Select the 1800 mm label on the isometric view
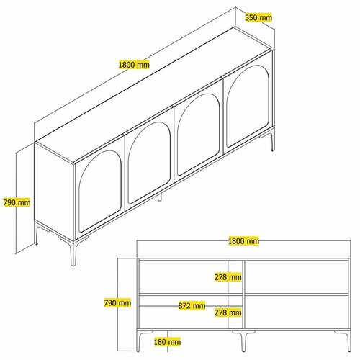click(134, 65)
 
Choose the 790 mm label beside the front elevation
click(118, 303)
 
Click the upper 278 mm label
click(228, 276)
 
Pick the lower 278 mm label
click(228, 312)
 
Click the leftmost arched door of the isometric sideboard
click(99, 189)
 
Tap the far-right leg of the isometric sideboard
click(271, 142)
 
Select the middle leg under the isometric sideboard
click(160, 197)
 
